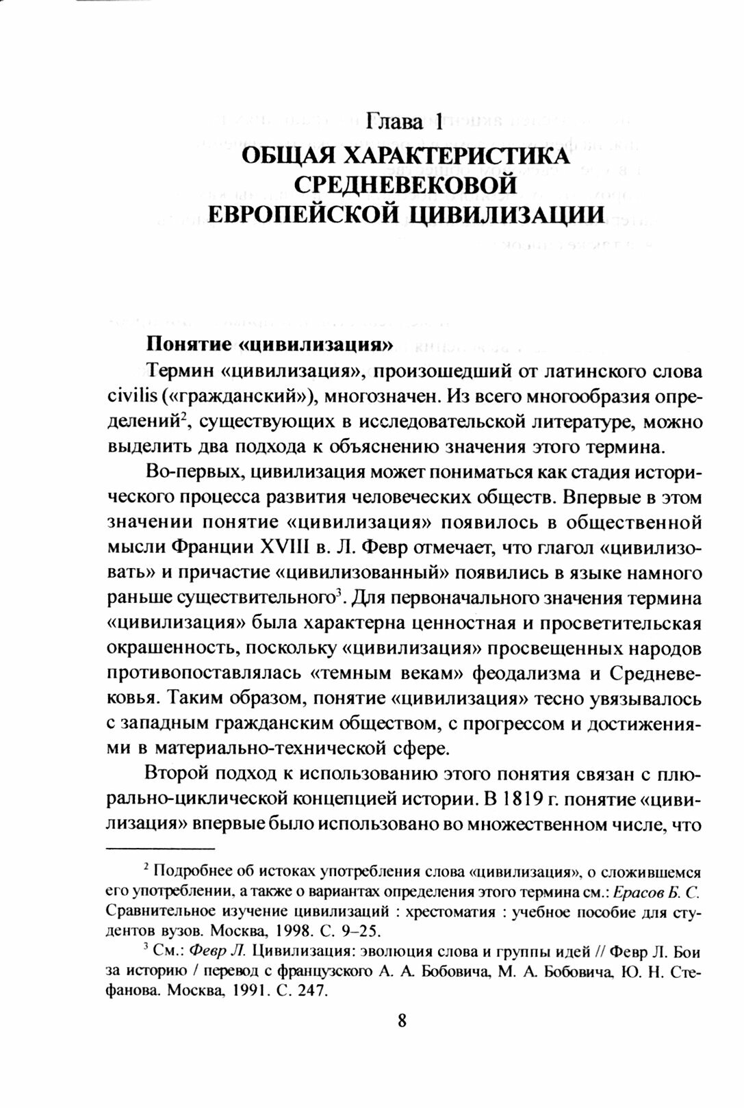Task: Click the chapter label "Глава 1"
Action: coord(405,123)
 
